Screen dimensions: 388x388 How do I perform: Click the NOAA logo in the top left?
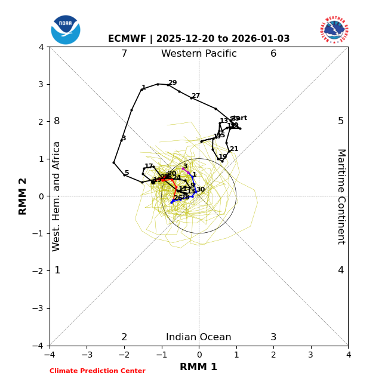click(x=66, y=30)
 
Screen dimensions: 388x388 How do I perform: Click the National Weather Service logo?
click(x=334, y=30)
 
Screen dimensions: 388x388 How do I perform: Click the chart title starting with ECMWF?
click(x=199, y=39)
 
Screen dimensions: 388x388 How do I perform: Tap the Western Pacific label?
click(x=199, y=54)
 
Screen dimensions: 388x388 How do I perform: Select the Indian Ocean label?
click(x=199, y=337)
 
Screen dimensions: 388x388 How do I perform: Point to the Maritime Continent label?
click(x=341, y=196)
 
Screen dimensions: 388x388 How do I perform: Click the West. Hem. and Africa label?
click(x=57, y=196)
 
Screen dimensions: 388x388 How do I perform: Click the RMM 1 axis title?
click(x=199, y=367)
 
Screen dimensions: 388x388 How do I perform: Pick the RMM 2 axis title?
click(x=23, y=196)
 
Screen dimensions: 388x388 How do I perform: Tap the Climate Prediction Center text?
click(x=97, y=371)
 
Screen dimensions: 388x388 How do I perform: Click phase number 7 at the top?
click(x=124, y=54)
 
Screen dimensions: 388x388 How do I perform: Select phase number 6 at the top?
click(x=273, y=54)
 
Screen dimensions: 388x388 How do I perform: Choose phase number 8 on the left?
click(x=57, y=121)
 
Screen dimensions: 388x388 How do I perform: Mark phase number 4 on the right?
click(x=341, y=270)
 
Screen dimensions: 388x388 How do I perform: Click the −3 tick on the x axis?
click(x=87, y=355)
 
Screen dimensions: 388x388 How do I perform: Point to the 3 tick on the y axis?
click(x=41, y=84)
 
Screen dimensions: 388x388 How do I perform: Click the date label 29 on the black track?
click(x=173, y=83)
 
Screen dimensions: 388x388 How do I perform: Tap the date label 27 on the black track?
click(x=196, y=96)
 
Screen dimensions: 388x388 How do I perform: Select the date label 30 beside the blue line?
click(x=201, y=190)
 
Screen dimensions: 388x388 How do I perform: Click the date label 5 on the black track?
click(x=127, y=173)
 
